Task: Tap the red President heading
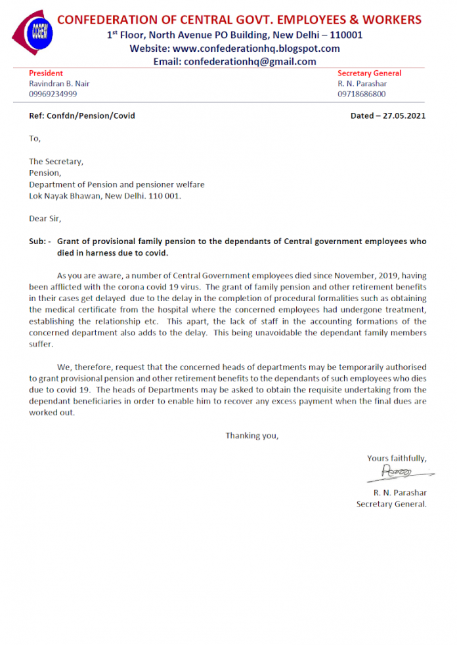coord(46,73)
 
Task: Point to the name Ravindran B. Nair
coord(58,84)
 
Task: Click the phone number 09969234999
coord(53,94)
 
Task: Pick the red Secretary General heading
coord(369,73)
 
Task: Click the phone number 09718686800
coord(362,94)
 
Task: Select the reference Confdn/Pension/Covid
coord(91,115)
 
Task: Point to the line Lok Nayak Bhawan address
coord(105,196)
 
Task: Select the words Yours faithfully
coord(397,458)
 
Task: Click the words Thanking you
coord(252,436)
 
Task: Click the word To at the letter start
coord(35,138)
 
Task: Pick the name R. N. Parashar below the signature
coord(400,492)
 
